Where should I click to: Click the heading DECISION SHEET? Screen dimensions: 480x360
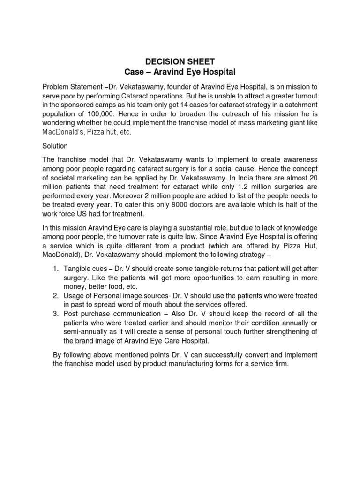pyautogui.click(x=180, y=61)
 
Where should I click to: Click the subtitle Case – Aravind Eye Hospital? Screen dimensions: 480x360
pyautogui.click(x=180, y=72)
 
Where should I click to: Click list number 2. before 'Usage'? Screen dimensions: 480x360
pyautogui.click(x=56, y=296)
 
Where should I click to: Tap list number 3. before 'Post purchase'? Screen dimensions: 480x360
pyautogui.click(x=56, y=314)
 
